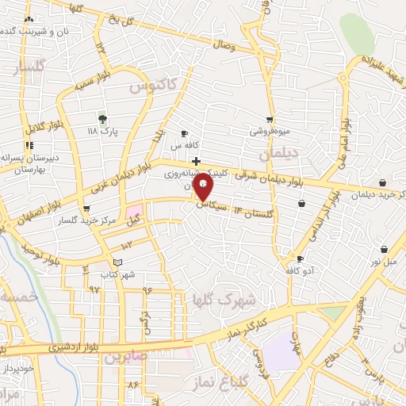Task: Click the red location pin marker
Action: [x=205, y=188]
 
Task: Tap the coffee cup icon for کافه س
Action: [x=184, y=134]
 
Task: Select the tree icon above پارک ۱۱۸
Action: [x=102, y=119]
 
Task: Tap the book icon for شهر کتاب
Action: [x=118, y=262]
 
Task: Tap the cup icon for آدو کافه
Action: [x=300, y=259]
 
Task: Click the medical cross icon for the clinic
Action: [x=196, y=161]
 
